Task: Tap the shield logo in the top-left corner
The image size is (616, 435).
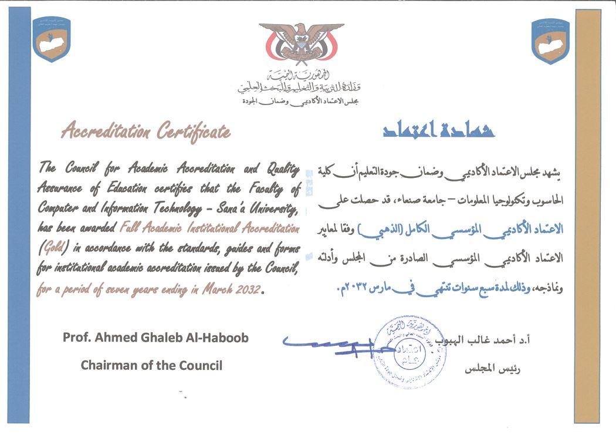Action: tap(52, 40)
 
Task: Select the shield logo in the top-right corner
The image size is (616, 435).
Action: tap(550, 40)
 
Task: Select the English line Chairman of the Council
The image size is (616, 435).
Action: tap(151, 365)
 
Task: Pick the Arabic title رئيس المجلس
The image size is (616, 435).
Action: tap(493, 369)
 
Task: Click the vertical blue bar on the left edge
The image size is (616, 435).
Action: tap(19, 217)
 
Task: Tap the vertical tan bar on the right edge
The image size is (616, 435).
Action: tap(588, 217)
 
